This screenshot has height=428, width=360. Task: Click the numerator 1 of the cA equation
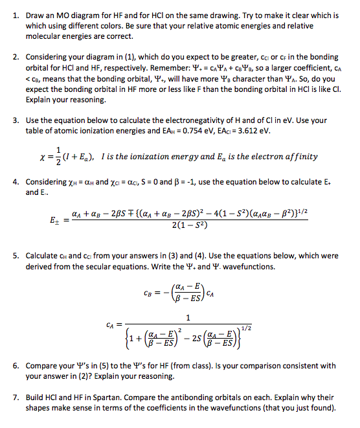(188, 317)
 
